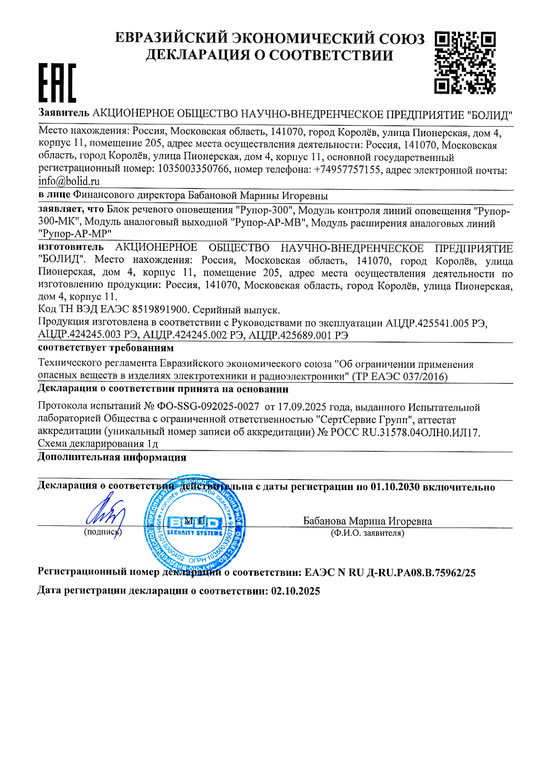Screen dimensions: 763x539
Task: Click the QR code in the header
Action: coord(465,63)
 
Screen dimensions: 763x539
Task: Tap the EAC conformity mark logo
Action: coord(57,83)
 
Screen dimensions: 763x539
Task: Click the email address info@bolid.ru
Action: coord(69,181)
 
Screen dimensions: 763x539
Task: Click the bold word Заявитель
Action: coord(63,113)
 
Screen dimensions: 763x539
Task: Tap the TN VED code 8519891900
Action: coord(160,310)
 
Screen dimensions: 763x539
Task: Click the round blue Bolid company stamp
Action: coord(195,526)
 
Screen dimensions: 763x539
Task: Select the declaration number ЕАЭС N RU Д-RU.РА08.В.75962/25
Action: coord(390,573)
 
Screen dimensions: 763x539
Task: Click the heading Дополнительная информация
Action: coord(111,457)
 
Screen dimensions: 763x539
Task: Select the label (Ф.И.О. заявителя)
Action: coord(367,533)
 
